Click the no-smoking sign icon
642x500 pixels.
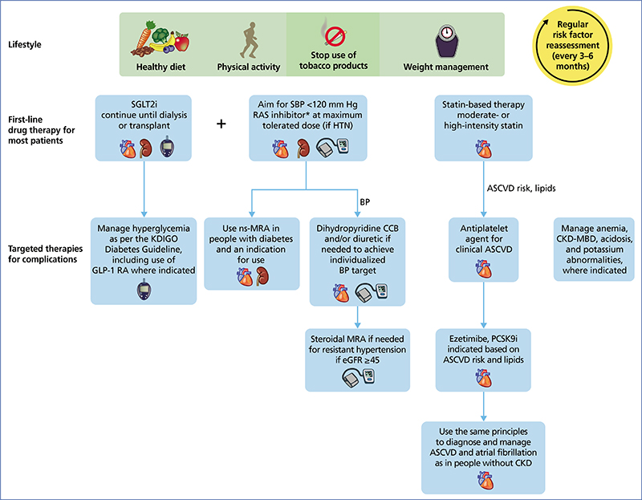point(335,35)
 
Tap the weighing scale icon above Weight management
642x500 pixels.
point(446,41)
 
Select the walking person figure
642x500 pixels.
point(249,40)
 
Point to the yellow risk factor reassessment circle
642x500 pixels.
point(572,45)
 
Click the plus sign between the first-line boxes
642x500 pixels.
point(221,124)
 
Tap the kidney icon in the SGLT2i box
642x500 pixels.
point(145,148)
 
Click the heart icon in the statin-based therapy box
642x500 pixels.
point(484,148)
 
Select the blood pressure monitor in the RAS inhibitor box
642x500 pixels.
point(332,148)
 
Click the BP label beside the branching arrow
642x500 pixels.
point(365,202)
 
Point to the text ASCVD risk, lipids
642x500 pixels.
point(521,189)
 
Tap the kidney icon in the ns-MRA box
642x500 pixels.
point(262,276)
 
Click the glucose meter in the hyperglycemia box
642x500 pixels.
point(144,289)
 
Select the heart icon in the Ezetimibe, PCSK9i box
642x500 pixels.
point(484,377)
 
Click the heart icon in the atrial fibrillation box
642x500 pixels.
point(486,481)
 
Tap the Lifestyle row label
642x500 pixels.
point(25,44)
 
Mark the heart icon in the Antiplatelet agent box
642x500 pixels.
point(484,269)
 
